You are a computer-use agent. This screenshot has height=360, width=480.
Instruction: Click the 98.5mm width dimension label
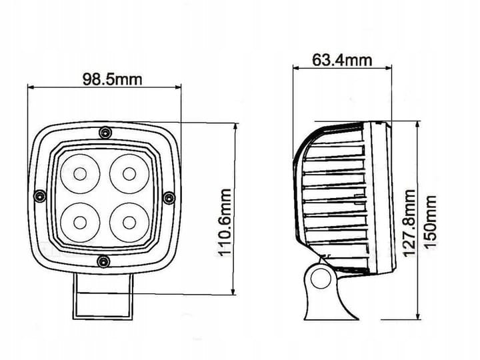(113, 79)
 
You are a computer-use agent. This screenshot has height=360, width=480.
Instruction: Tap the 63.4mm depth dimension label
(342, 60)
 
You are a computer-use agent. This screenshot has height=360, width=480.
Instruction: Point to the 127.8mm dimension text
(409, 223)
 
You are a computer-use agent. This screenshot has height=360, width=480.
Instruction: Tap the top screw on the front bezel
(105, 133)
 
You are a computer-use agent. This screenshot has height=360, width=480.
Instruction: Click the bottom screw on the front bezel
(103, 262)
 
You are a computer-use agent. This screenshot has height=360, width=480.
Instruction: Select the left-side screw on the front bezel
(40, 196)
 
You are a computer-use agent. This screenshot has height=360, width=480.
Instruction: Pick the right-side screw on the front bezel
(169, 198)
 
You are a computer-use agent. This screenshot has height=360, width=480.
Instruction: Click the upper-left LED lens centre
(80, 174)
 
